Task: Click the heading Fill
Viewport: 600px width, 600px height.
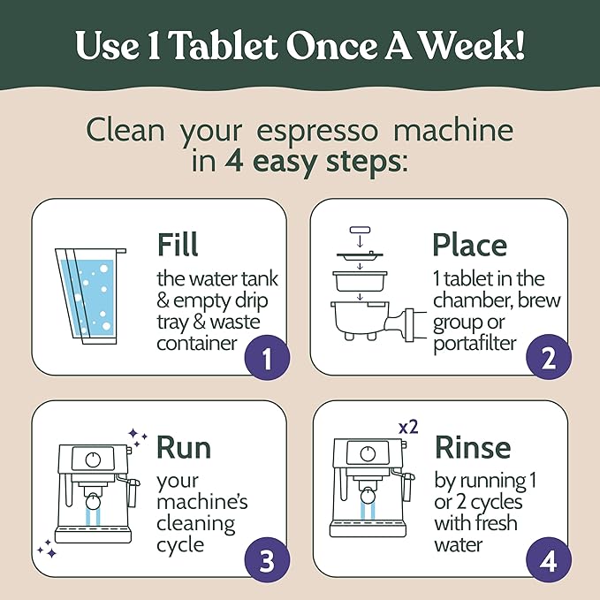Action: (x=178, y=244)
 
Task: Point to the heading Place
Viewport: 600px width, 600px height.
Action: (x=469, y=244)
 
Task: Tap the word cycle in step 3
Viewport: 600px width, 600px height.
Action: (x=180, y=544)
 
